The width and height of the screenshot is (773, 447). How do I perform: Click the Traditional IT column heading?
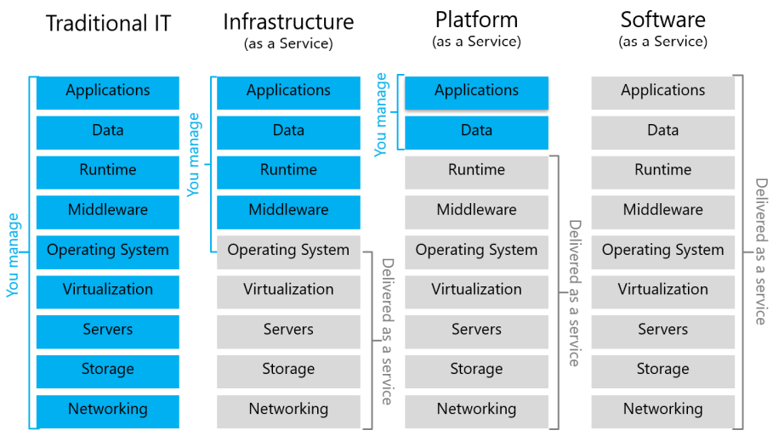pyautogui.click(x=108, y=23)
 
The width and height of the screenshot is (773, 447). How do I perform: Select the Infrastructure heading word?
pyautogui.click(x=288, y=21)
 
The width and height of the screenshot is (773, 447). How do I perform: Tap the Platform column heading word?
pyautogui.click(x=476, y=20)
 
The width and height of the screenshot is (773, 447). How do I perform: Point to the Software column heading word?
pyautogui.click(x=662, y=20)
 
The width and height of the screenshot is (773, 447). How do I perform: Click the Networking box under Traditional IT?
pyautogui.click(x=108, y=410)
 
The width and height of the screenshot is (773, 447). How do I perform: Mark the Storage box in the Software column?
pyautogui.click(x=662, y=371)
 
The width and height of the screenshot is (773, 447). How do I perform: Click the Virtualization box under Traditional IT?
pyautogui.click(x=108, y=291)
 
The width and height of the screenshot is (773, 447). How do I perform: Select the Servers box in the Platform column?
pyautogui.click(x=476, y=331)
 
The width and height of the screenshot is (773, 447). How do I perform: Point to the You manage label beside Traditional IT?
pyautogui.click(x=13, y=254)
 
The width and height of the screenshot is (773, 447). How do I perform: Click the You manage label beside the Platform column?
pyautogui.click(x=381, y=114)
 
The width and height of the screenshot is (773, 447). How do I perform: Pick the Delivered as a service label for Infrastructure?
pyautogui.click(x=387, y=331)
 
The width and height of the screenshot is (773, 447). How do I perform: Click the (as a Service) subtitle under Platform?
pyautogui.click(x=476, y=41)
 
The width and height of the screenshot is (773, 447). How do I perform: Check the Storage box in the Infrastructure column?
pyautogui.click(x=288, y=371)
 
